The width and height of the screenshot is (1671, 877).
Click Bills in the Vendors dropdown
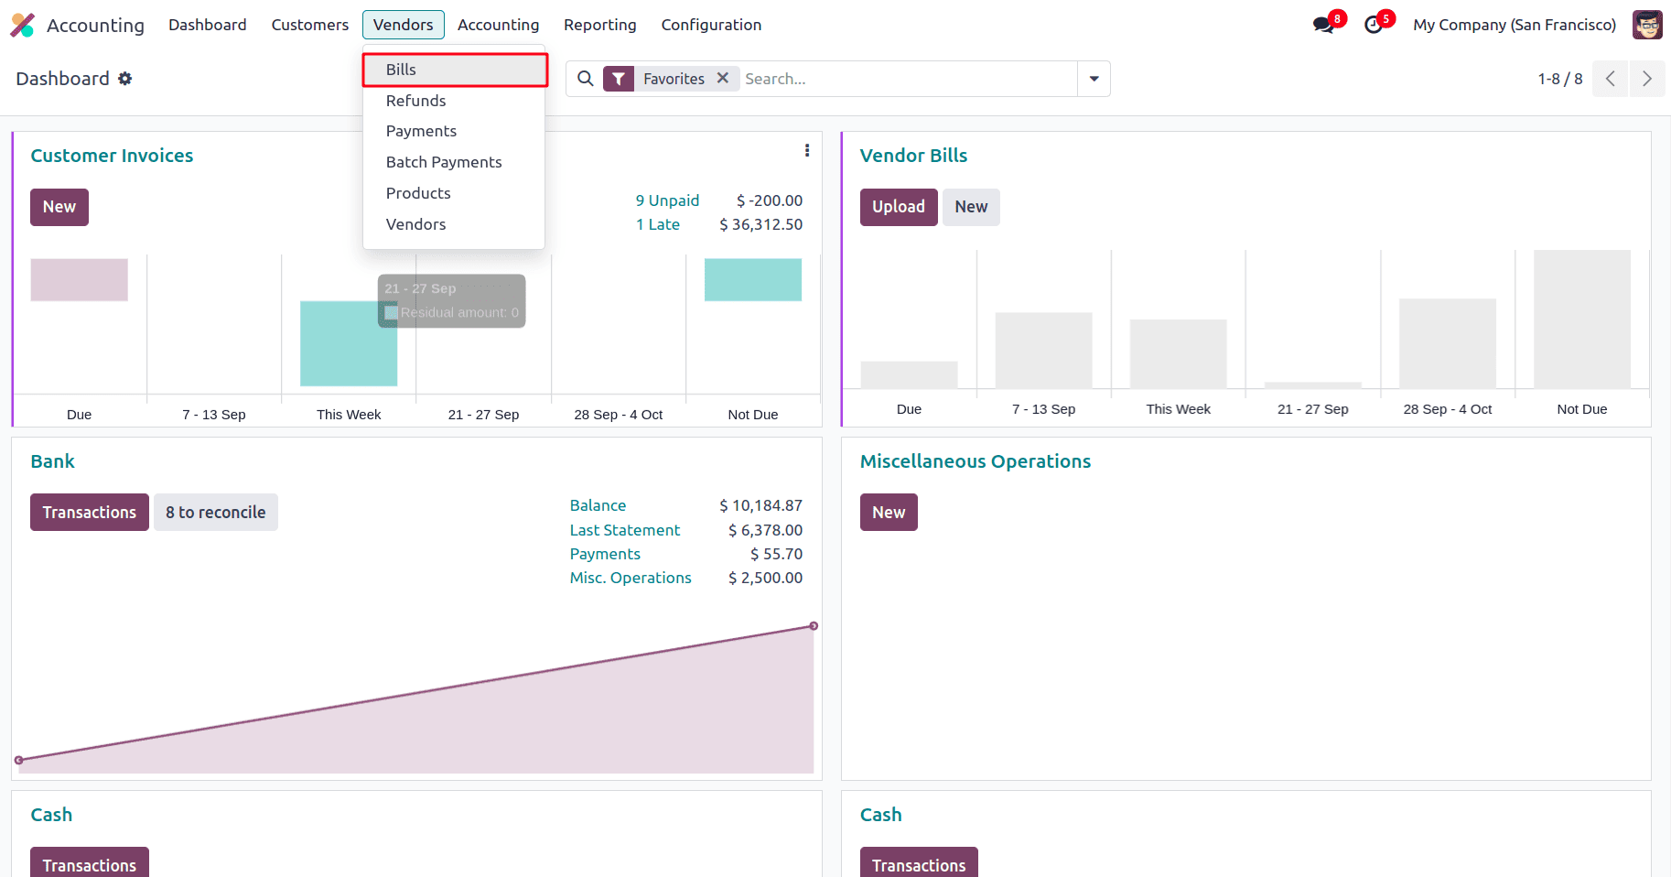click(x=401, y=70)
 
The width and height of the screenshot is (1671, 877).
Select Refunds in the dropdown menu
click(x=415, y=101)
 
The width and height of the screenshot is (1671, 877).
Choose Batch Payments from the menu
click(x=443, y=162)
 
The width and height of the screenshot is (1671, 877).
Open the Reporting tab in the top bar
click(x=599, y=25)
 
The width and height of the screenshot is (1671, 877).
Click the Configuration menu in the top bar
click(x=711, y=25)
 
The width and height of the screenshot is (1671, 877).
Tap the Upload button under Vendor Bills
click(x=898, y=207)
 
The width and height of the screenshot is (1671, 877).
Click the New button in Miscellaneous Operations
click(x=888, y=513)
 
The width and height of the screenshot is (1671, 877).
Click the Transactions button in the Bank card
click(x=89, y=513)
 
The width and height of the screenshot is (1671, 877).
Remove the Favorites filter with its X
click(x=723, y=78)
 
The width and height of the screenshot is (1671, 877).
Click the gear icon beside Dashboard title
click(x=125, y=79)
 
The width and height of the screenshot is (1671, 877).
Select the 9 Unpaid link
click(x=667, y=200)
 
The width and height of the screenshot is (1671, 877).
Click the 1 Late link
click(x=657, y=224)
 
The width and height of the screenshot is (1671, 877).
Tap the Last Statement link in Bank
click(x=624, y=530)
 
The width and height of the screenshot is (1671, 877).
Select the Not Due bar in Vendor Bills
click(x=1581, y=319)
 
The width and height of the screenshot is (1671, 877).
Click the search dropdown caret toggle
click(x=1094, y=79)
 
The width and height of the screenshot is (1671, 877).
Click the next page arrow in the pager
click(x=1646, y=79)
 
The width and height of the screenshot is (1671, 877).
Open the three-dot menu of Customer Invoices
click(x=806, y=151)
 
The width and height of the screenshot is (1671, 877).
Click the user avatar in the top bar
click(x=1647, y=25)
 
